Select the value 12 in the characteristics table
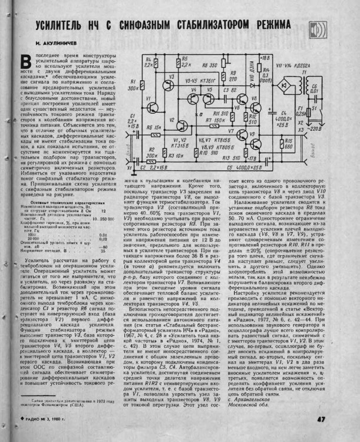click(104, 210)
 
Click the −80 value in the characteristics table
click(104, 246)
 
